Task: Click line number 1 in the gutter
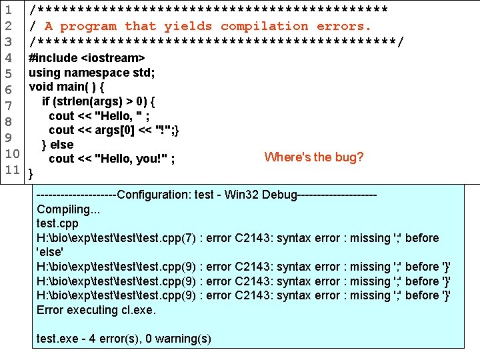pyautogui.click(x=9, y=10)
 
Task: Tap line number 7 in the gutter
pyautogui.click(x=9, y=105)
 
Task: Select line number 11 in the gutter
pyautogui.click(x=12, y=169)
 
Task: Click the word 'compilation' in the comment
pyautogui.click(x=264, y=27)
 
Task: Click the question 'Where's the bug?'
pyautogui.click(x=313, y=157)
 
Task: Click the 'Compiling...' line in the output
pyautogui.click(x=68, y=209)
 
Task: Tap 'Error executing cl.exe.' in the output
pyautogui.click(x=95, y=309)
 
